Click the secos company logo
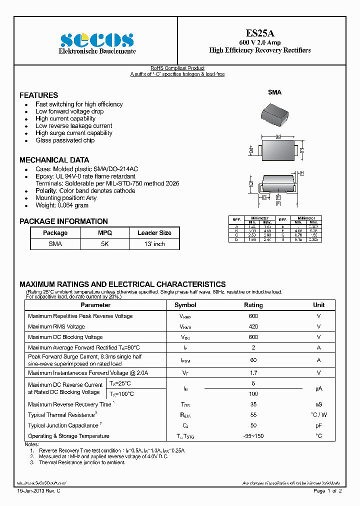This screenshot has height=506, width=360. [x=96, y=39]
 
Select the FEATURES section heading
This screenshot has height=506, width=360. [x=38, y=95]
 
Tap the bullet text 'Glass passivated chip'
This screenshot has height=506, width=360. [x=64, y=140]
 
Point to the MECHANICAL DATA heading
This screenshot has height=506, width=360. [x=54, y=160]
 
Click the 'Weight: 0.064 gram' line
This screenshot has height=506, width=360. [x=61, y=205]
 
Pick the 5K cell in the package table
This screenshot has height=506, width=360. [x=105, y=244]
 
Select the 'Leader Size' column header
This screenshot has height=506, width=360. [x=154, y=233]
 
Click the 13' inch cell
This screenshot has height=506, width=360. [x=154, y=244]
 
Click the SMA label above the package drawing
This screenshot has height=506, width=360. [x=274, y=92]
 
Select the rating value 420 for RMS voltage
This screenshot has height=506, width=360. [x=253, y=326]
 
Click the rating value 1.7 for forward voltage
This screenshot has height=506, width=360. [x=253, y=373]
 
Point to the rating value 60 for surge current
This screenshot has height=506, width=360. [x=253, y=360]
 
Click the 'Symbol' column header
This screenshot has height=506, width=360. [x=185, y=305]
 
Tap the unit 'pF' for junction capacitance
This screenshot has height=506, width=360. [x=318, y=425]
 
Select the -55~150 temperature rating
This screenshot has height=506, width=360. [x=253, y=436]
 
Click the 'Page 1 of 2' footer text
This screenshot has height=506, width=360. [x=327, y=491]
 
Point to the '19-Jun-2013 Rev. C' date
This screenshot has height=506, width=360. [x=38, y=491]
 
